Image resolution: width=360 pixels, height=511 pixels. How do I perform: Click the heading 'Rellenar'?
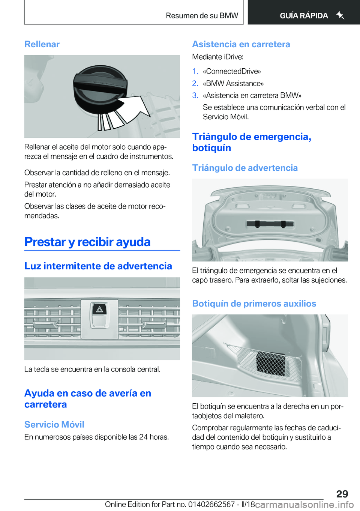(42, 44)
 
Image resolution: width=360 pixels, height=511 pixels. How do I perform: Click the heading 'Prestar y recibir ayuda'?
(87, 242)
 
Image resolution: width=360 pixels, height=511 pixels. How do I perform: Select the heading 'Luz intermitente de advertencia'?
(98, 266)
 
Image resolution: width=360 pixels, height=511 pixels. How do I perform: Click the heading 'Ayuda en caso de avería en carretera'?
(87, 399)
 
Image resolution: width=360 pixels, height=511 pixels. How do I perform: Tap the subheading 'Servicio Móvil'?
(54, 424)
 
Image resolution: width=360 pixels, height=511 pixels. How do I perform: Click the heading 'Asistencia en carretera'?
(241, 44)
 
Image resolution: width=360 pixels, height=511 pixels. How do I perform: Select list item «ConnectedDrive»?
(232, 71)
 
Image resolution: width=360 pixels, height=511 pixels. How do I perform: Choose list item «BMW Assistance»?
(233, 83)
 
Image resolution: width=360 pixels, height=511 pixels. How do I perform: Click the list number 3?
(195, 95)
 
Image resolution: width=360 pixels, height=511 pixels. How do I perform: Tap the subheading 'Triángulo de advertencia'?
(245, 168)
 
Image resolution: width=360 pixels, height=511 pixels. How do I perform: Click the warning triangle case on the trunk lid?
(270, 224)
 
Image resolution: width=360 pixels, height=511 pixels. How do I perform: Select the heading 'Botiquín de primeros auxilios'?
(254, 304)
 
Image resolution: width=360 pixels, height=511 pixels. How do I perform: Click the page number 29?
(342, 494)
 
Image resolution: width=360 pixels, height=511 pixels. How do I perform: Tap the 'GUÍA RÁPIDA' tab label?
(304, 16)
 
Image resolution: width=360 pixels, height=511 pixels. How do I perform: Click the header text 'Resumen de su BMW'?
(202, 16)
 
